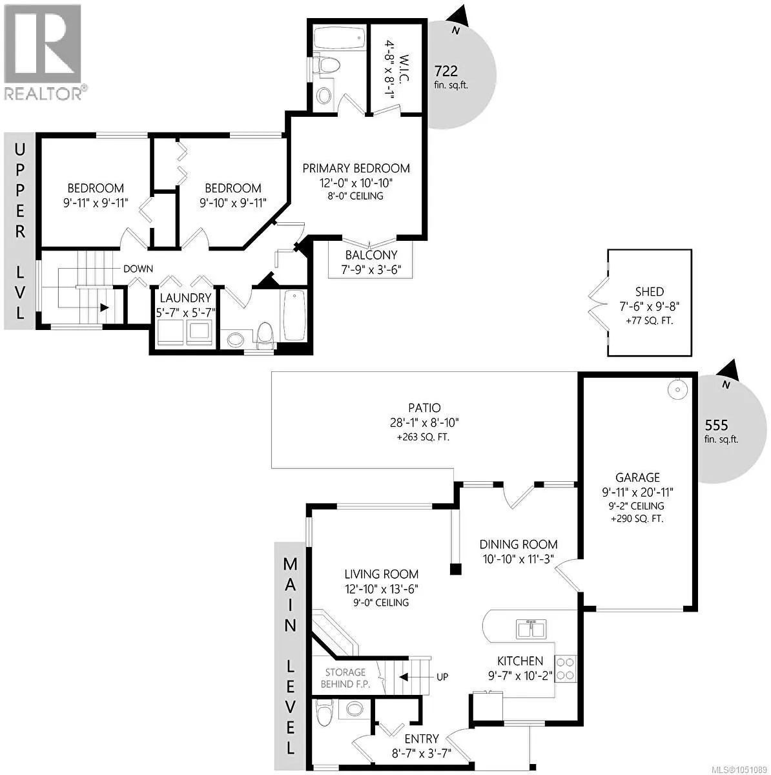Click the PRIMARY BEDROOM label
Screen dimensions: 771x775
[x=356, y=168]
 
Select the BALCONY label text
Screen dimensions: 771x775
[x=371, y=255]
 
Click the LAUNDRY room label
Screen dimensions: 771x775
[x=185, y=298]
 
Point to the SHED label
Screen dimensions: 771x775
[x=649, y=291]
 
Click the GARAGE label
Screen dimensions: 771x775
[x=637, y=478]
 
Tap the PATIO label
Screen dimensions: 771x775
[x=424, y=408]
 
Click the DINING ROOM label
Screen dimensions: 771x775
[x=519, y=544]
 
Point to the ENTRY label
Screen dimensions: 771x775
[x=422, y=739]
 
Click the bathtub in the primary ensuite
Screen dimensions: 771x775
[x=339, y=38]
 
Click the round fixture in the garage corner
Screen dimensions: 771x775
[x=677, y=389]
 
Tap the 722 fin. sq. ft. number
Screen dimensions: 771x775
[x=446, y=71]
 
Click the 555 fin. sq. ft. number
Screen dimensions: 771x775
[x=716, y=425]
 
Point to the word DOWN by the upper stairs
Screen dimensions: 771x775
[x=138, y=269]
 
